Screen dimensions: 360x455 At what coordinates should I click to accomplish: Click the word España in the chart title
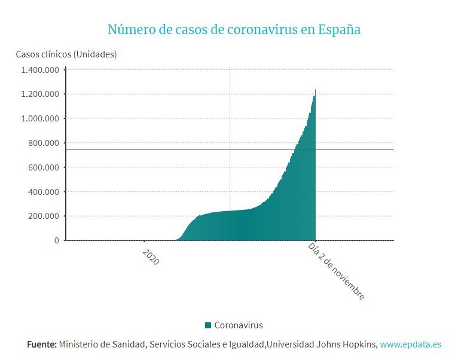[x=339, y=29]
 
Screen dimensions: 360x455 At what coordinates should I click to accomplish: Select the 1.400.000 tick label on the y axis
[x=39, y=70]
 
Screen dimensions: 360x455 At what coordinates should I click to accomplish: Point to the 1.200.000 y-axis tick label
[x=39, y=94]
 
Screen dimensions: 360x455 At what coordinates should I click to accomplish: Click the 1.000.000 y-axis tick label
[x=39, y=118]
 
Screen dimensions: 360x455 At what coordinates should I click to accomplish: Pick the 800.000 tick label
[x=44, y=143]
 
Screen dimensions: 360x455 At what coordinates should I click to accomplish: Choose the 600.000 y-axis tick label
[x=44, y=167]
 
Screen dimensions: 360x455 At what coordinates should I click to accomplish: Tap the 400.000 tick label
[x=44, y=192]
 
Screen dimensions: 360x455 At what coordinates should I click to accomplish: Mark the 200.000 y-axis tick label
[x=44, y=216]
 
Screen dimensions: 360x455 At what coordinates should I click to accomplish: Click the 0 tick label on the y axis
[x=57, y=240]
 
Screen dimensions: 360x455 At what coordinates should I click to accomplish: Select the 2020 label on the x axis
[x=151, y=257]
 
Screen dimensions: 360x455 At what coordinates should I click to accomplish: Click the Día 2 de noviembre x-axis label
[x=337, y=271]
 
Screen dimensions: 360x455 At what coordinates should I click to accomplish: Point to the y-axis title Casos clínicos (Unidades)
[x=66, y=54]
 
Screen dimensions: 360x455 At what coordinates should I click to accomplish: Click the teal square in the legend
[x=208, y=325]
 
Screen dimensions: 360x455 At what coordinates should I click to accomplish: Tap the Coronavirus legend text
[x=239, y=325]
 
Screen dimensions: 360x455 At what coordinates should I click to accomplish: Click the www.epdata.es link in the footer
[x=411, y=344]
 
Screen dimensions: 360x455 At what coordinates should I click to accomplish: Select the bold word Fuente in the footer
[x=42, y=344]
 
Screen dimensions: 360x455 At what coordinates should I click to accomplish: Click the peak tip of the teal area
[x=315, y=90]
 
